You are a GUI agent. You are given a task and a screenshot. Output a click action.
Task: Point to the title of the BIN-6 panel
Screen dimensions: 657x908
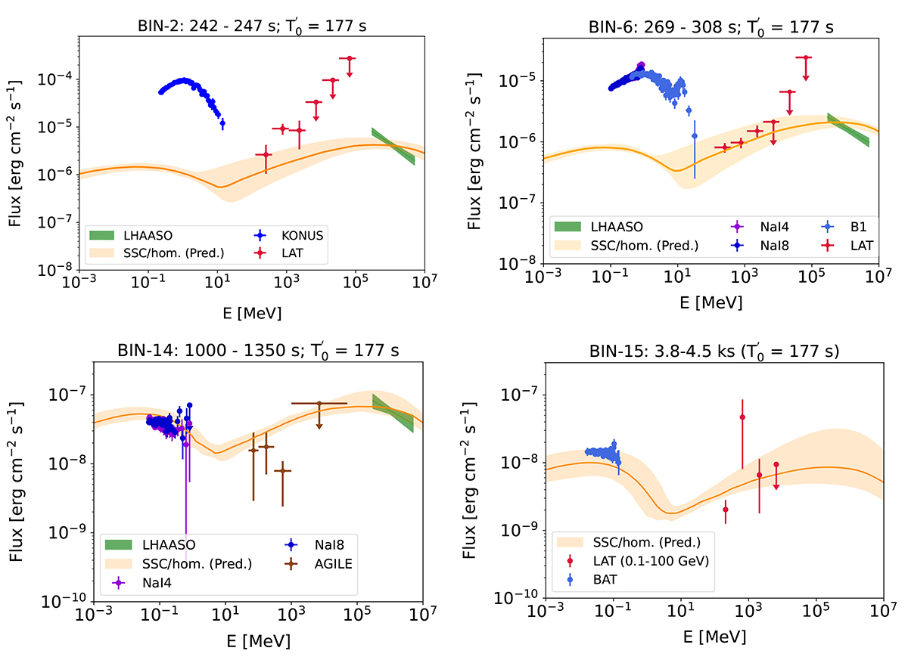coord(712,27)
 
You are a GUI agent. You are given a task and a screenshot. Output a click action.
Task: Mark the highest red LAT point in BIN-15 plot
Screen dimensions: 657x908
coord(742,417)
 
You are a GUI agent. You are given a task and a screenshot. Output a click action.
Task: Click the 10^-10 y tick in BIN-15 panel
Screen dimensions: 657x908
coord(521,598)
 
